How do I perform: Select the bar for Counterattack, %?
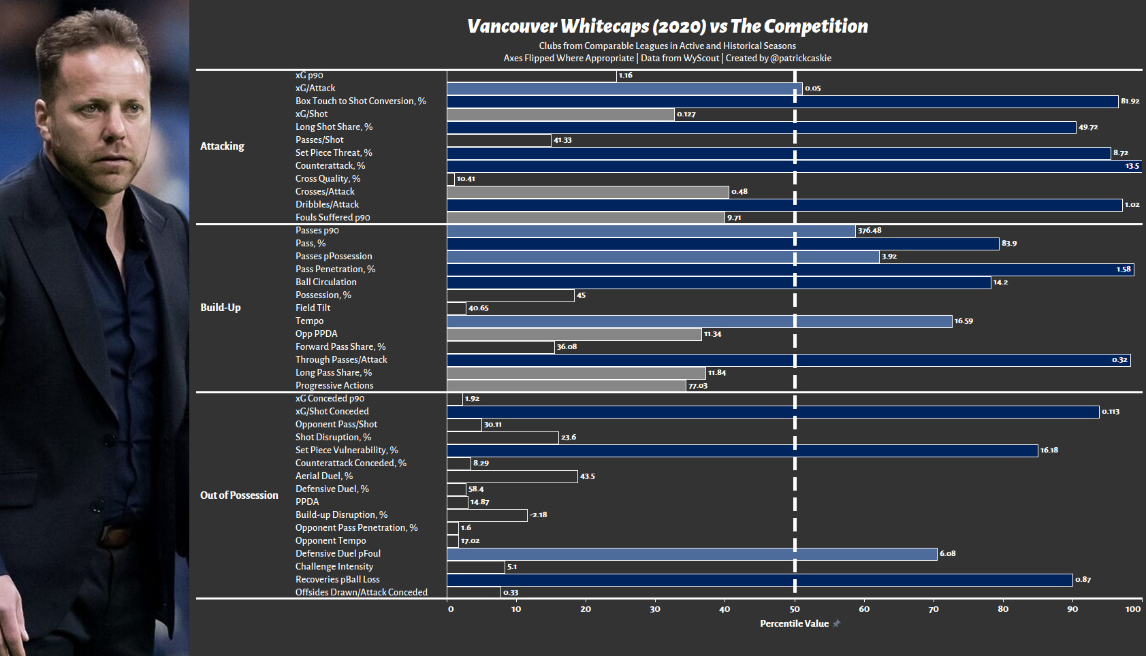point(794,166)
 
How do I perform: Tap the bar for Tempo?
point(699,321)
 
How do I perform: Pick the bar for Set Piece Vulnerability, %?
point(742,450)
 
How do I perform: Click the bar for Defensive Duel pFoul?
point(693,554)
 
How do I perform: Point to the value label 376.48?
point(870,231)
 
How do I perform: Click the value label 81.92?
point(1130,101)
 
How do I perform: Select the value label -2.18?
point(538,515)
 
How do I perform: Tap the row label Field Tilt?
point(313,308)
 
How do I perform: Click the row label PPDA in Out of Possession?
point(307,502)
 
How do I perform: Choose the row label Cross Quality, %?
point(328,178)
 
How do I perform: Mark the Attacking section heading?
point(222,146)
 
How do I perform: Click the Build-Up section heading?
point(221,308)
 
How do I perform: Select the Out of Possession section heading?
point(239,495)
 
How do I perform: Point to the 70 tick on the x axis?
point(934,609)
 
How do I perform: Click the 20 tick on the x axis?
point(586,609)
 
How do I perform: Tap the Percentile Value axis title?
point(794,623)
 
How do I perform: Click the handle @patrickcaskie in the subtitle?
point(801,59)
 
